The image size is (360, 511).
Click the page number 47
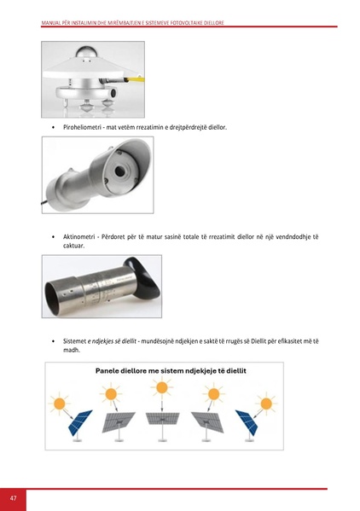(x=13, y=497)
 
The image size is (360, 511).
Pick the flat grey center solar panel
(x=163, y=420)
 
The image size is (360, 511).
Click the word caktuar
(x=74, y=246)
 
